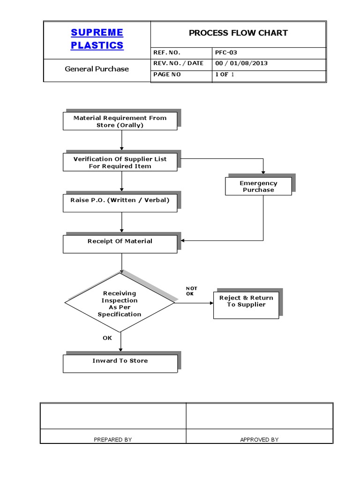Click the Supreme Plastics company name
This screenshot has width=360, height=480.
(x=97, y=38)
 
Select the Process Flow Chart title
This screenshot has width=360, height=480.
(x=238, y=33)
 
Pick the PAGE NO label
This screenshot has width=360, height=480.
(x=166, y=75)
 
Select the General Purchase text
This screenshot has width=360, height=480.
(x=97, y=69)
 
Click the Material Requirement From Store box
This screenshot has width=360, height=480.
(x=120, y=121)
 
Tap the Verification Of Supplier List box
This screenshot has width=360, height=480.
(x=120, y=162)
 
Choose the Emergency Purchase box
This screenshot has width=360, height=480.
(x=258, y=187)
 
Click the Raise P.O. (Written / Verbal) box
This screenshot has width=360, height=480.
(x=120, y=200)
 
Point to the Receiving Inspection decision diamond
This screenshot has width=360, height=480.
(x=120, y=303)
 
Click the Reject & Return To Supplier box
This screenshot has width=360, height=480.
(x=246, y=304)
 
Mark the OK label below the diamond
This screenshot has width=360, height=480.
(x=107, y=337)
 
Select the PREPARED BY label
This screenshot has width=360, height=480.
(x=113, y=439)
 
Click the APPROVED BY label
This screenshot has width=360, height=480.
(x=259, y=439)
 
